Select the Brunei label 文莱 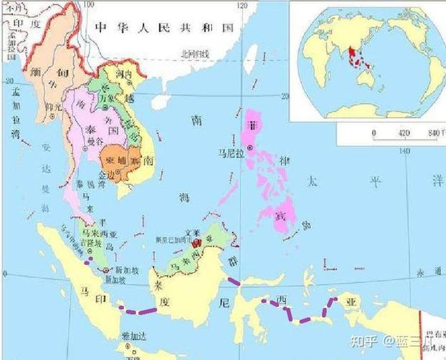coord(190,233)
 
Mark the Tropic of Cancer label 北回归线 coord(195,54)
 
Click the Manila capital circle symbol coord(249,148)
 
